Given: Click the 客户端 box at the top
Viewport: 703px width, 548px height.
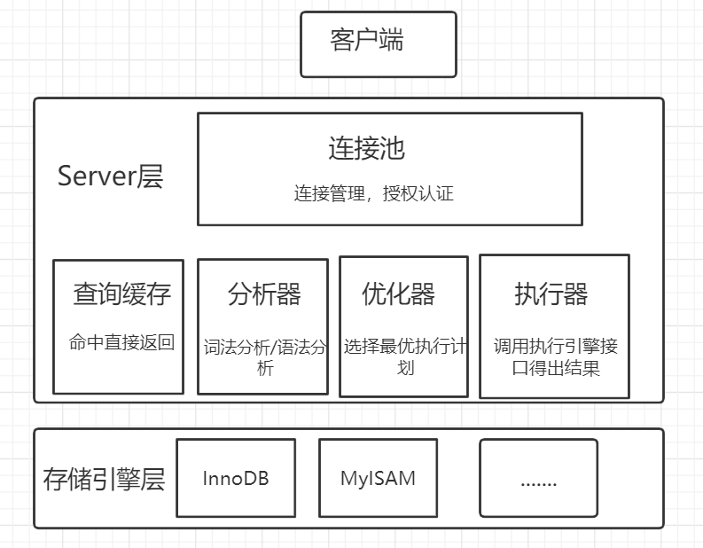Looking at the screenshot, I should point(379,43).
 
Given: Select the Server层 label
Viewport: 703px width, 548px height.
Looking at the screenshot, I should point(110,176).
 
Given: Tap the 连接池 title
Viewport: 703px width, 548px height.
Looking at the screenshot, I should point(366,148).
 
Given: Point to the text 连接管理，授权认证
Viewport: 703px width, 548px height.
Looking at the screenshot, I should point(373,192).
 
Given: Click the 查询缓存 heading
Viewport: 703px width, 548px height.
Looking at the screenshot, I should point(121,294).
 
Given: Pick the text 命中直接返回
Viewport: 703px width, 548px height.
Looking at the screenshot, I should point(121,342).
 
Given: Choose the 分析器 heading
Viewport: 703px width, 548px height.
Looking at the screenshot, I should point(263,294).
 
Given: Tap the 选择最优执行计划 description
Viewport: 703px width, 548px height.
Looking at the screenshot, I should point(404,356).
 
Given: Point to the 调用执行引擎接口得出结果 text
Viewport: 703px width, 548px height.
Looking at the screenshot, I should point(556,356).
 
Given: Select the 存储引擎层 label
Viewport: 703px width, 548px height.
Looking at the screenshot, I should point(104,480).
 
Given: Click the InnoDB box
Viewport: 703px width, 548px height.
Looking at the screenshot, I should point(235,479).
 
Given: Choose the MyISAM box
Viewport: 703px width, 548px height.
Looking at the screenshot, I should point(378,479).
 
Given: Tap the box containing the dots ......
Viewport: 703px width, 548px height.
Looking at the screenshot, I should point(538,479).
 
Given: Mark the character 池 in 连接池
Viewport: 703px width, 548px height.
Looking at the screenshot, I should point(392,148).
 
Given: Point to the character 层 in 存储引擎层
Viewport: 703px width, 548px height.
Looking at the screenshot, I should point(152,480).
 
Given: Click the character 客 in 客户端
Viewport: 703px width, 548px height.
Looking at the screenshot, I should point(342,41).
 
